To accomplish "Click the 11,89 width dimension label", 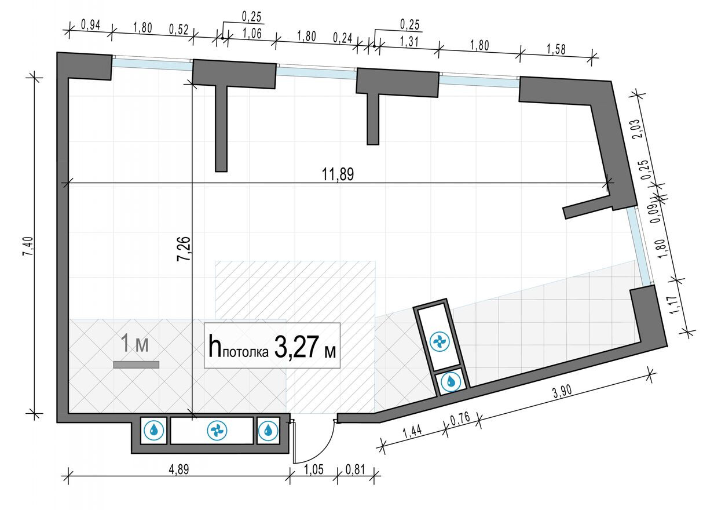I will pyautogui.click(x=338, y=174).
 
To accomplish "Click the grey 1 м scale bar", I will pyautogui.click(x=136, y=365).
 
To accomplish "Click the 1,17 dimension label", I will pyautogui.click(x=673, y=304).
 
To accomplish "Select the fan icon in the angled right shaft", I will pyautogui.click(x=440, y=342).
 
